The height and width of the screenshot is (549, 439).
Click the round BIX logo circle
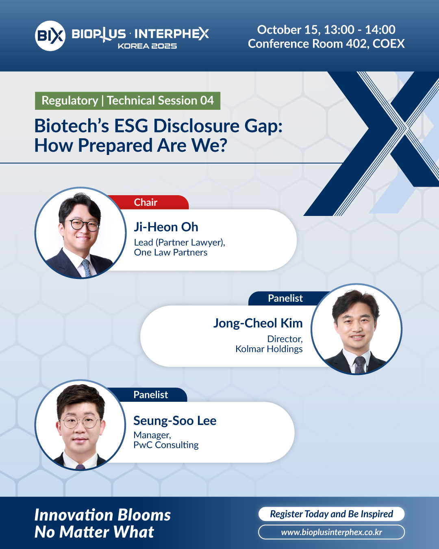click(50, 36)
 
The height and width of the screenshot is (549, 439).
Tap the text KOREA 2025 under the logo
click(147, 46)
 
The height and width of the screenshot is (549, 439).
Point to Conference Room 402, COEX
click(326, 44)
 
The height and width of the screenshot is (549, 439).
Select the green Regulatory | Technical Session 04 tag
click(128, 101)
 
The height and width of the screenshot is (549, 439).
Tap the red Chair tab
click(148, 202)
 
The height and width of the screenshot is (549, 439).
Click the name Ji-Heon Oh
click(166, 227)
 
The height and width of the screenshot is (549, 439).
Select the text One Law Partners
click(171, 252)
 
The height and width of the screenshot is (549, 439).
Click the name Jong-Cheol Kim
click(258, 323)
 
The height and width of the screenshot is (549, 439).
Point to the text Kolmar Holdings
click(269, 349)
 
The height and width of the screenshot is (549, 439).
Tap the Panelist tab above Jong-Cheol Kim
click(285, 298)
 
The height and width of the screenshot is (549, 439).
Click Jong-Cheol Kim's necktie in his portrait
click(359, 364)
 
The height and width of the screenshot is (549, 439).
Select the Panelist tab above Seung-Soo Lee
click(150, 394)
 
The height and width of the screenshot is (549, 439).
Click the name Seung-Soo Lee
click(175, 420)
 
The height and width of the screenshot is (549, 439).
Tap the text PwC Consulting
click(166, 445)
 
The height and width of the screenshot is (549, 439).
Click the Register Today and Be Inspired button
click(331, 514)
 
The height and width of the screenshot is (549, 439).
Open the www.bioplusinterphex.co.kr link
click(331, 532)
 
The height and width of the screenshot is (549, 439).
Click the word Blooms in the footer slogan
click(144, 515)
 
